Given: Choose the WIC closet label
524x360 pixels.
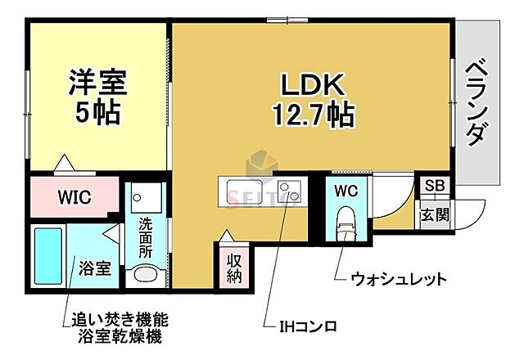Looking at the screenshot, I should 75,197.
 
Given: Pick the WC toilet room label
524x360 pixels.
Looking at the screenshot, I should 345,190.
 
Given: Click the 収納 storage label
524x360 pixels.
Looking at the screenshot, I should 234,268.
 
